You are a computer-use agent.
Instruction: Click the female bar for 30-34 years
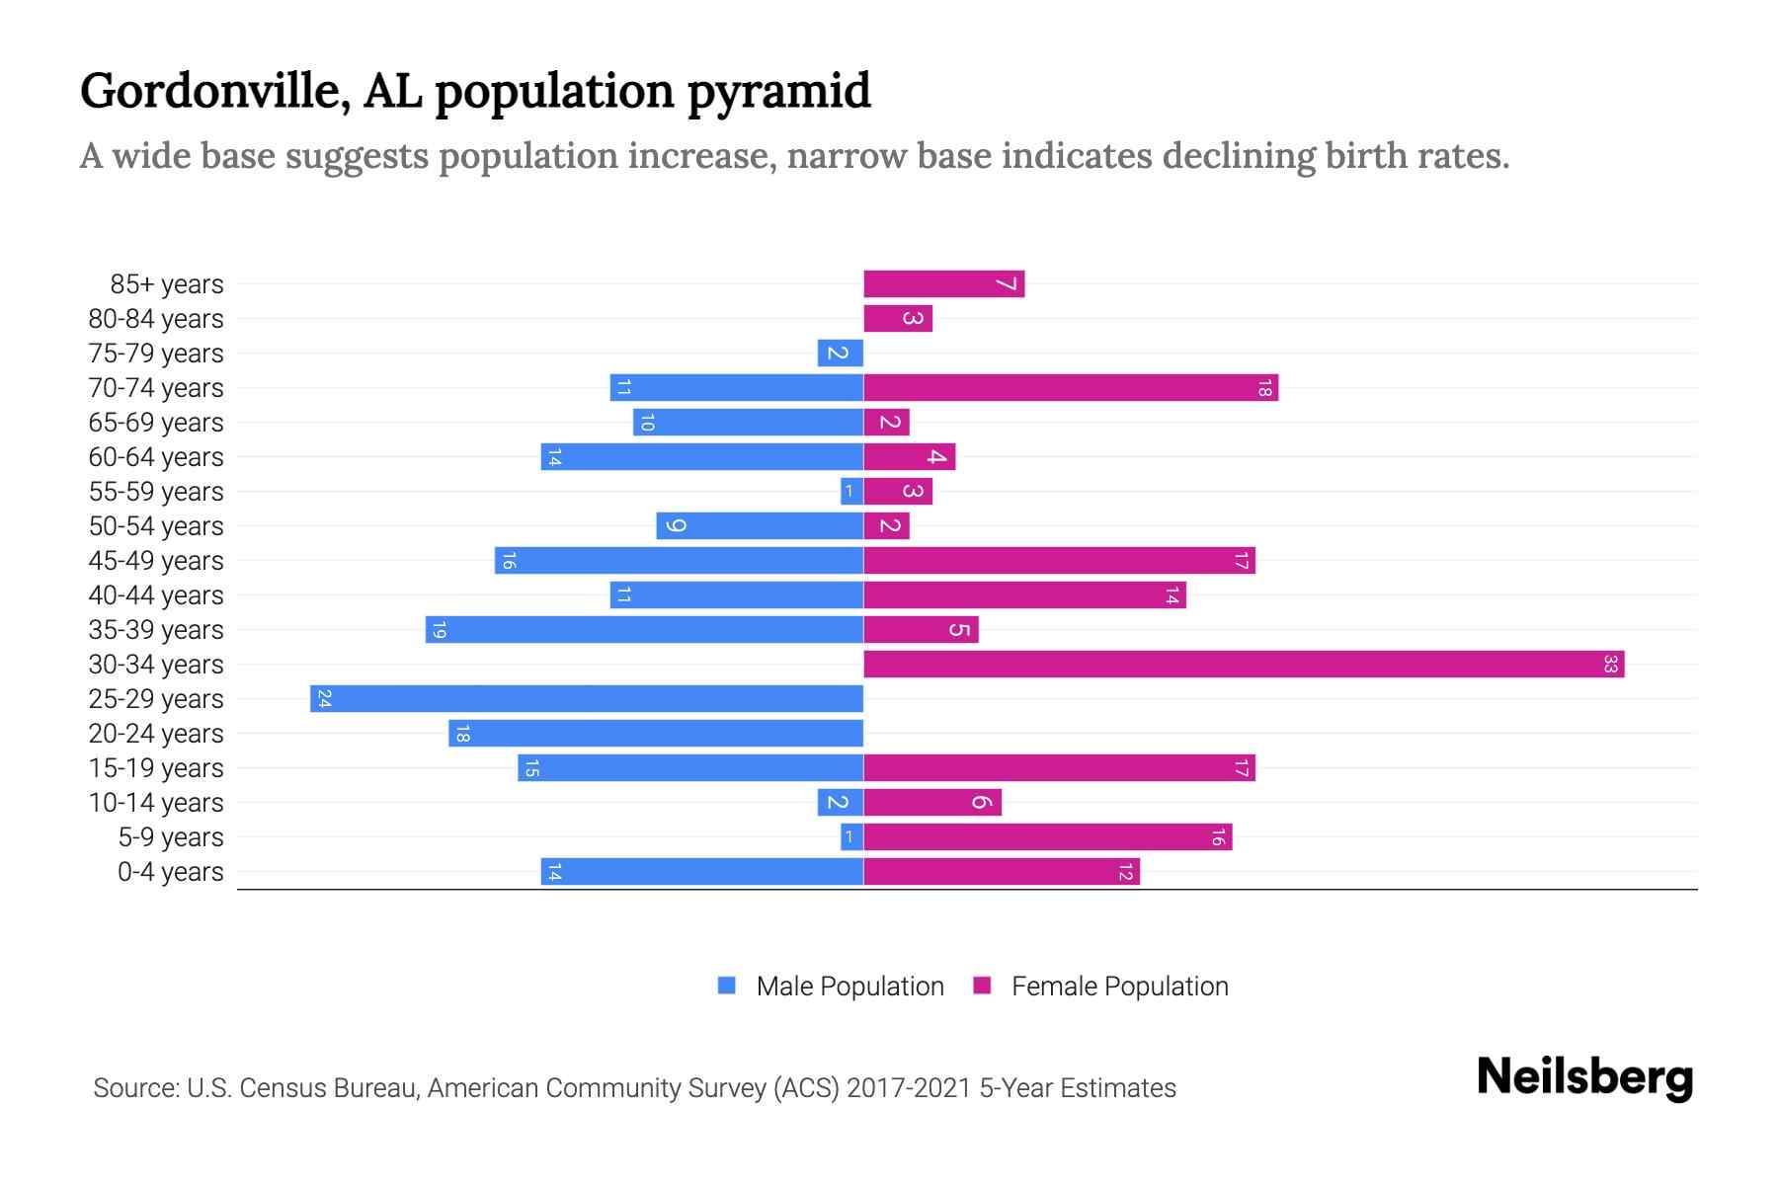1243,665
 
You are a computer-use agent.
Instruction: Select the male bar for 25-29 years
587,699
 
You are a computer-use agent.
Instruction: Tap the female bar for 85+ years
943,284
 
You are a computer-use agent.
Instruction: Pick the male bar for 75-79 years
840,354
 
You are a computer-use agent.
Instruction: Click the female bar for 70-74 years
1070,388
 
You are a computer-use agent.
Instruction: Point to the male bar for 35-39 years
644,630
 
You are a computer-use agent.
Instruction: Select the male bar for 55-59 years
851,492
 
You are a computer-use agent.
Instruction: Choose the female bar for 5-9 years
1047,837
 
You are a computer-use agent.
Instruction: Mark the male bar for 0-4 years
701,872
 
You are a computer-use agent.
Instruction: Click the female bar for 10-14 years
931,803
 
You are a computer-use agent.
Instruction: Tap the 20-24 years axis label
156,734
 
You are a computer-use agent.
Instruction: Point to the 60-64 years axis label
156,457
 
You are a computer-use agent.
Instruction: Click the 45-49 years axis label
156,561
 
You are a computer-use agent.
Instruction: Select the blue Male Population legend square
727,986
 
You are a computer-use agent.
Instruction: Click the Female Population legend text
1119,987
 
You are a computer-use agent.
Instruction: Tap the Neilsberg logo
1584,1076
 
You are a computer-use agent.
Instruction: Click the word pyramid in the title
778,91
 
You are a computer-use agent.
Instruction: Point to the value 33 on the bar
1610,665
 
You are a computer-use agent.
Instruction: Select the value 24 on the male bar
324,699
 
